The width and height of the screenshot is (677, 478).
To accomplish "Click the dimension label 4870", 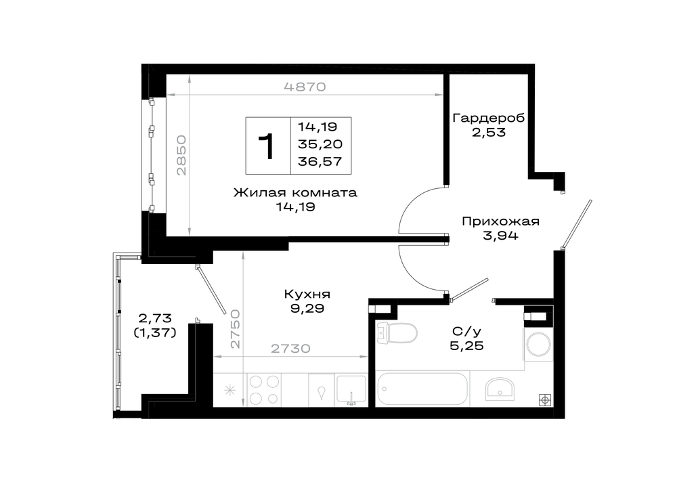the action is tap(305, 87).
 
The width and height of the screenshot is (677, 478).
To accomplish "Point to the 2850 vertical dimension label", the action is tap(181, 155).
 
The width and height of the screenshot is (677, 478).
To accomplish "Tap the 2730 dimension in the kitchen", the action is tap(290, 348).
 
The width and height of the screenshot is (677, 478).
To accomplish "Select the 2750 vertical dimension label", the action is tap(235, 328).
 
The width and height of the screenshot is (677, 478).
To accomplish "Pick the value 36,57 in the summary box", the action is tap(320, 162).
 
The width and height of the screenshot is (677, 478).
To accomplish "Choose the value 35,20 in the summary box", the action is tap(320, 144).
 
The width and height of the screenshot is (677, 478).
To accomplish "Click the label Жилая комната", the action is tap(295, 192).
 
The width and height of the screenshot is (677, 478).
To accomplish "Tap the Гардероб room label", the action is tap(488, 118).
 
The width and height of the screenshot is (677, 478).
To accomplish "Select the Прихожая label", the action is tap(500, 221).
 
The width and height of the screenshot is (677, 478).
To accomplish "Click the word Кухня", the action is tap(307, 295).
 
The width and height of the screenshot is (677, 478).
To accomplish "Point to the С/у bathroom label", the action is tap(466, 332).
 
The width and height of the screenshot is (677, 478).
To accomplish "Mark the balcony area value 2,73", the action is tap(155, 318).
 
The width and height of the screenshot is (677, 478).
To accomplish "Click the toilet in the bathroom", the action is tap(396, 333).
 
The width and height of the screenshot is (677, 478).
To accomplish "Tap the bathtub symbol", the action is tap(422, 389).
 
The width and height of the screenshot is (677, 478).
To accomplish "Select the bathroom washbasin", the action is tap(500, 388).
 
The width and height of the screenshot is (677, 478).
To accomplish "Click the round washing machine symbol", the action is tap(538, 345).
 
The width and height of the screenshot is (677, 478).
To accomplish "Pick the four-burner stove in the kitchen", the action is tap(264, 389).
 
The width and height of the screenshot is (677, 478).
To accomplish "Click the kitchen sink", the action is tap(351, 390).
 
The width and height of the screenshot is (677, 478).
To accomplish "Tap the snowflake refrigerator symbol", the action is tap(230, 391).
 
